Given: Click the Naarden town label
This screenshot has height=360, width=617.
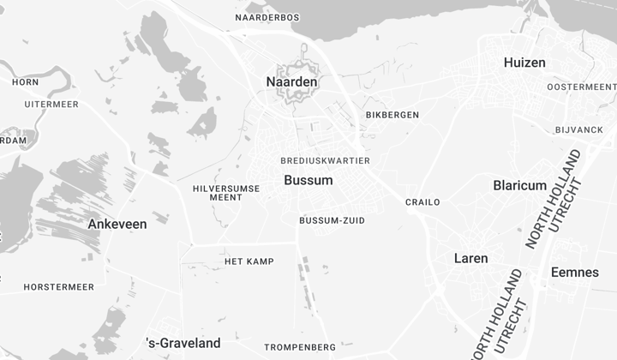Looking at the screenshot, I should click(x=291, y=82).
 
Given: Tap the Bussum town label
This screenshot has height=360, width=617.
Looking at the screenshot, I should click(x=308, y=181).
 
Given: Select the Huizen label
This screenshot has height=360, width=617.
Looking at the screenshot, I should click(x=524, y=63).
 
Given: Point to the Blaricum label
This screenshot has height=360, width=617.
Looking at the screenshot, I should click(x=519, y=185).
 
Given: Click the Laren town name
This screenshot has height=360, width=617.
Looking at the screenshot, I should click(x=470, y=258).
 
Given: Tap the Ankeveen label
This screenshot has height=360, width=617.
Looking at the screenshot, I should click(x=117, y=224).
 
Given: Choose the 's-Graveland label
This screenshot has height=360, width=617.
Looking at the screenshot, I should click(x=184, y=343).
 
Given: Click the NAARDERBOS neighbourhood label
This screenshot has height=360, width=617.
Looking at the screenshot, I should click(x=267, y=17).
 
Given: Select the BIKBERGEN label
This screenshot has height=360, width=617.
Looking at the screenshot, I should click(x=392, y=115).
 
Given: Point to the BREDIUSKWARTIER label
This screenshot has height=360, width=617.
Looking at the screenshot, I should click(x=325, y=160).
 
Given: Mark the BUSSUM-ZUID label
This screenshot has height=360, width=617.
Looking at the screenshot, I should click(x=332, y=220).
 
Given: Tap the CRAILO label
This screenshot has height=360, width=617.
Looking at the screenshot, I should click(x=422, y=202).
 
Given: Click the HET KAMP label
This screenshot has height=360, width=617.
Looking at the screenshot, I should click(x=249, y=261).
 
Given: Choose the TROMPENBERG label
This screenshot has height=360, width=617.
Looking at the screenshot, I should click(x=300, y=347).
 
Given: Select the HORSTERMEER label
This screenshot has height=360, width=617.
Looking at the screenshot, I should click(x=58, y=287).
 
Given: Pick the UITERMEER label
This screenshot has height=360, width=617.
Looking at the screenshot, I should click(x=51, y=105).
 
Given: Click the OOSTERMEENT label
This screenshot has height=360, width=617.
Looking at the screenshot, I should click(x=581, y=87).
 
